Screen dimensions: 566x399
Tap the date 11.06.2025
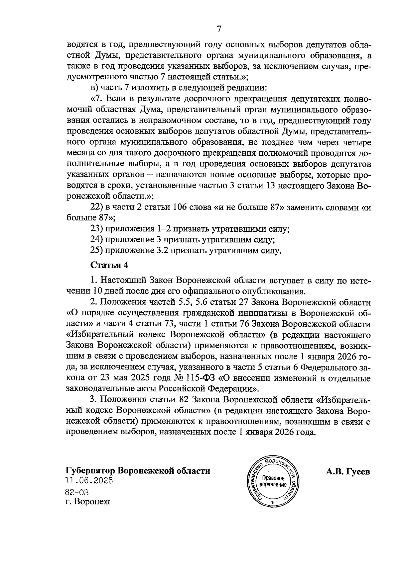tap(89, 480)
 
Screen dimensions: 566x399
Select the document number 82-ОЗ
tap(77, 492)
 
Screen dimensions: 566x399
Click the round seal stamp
tap(273, 480)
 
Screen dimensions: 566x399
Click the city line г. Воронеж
tap(87, 502)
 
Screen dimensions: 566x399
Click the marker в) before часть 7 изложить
tap(94, 88)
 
